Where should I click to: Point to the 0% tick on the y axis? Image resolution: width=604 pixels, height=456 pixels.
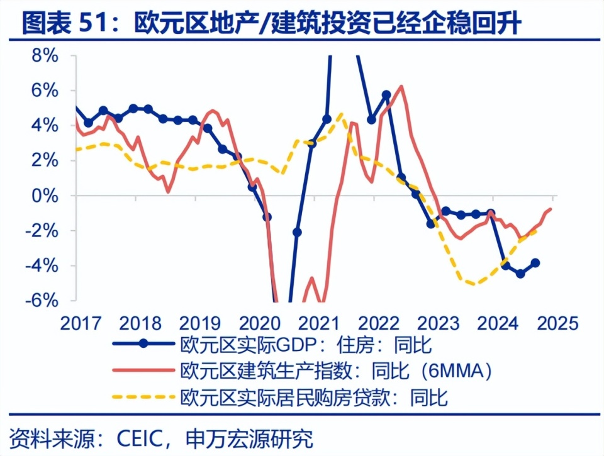click(x=44, y=196)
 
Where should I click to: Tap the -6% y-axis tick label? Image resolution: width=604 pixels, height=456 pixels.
click(x=41, y=300)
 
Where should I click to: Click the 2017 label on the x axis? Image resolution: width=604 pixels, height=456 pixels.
click(x=81, y=324)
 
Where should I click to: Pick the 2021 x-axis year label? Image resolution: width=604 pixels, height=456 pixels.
click(x=318, y=324)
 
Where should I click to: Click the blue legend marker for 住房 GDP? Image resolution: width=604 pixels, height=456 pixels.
click(x=144, y=343)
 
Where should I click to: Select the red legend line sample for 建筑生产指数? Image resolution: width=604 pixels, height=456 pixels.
click(x=144, y=370)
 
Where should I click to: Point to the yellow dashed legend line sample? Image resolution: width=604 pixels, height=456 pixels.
click(x=144, y=398)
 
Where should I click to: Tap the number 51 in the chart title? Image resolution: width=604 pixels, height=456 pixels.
click(x=94, y=24)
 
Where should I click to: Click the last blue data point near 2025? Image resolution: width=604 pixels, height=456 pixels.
click(x=535, y=263)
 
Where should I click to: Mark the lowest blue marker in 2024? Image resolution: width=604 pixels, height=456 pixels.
click(x=520, y=274)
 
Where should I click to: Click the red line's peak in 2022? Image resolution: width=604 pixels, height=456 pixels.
click(x=401, y=86)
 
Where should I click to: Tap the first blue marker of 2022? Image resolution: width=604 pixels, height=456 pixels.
click(x=371, y=119)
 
